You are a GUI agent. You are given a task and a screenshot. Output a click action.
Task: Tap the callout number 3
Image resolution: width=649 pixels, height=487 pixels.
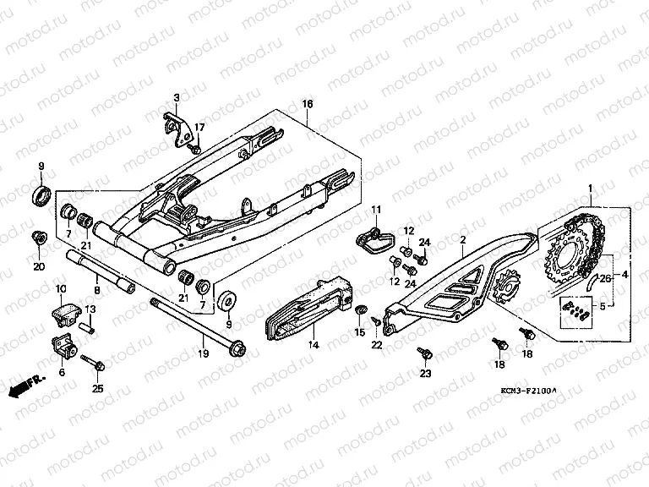pos(177,97)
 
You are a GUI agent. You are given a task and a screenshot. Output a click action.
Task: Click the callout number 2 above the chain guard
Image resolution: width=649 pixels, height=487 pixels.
pos(462,241)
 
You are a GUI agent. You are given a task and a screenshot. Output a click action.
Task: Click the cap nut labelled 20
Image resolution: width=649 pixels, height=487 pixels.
pos(38,237)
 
